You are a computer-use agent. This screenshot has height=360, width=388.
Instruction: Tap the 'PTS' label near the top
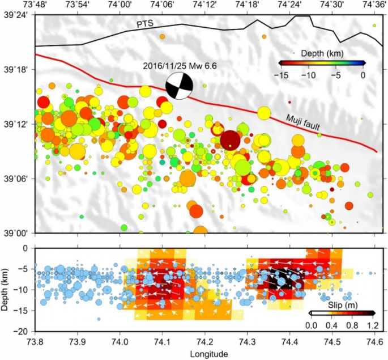click(x=145, y=23)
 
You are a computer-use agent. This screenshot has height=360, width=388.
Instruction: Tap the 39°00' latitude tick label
click(x=16, y=233)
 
